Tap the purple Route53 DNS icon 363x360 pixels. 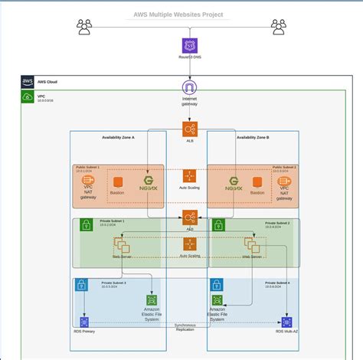point(189,45)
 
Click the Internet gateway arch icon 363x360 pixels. point(189,87)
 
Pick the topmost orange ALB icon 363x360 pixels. point(189,129)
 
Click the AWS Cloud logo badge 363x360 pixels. point(28,82)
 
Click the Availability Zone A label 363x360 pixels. point(118,138)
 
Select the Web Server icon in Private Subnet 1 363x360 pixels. point(122,246)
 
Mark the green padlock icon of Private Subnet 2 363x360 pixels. point(217,226)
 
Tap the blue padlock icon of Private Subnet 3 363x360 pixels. point(81,286)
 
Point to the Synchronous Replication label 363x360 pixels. point(185,327)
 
